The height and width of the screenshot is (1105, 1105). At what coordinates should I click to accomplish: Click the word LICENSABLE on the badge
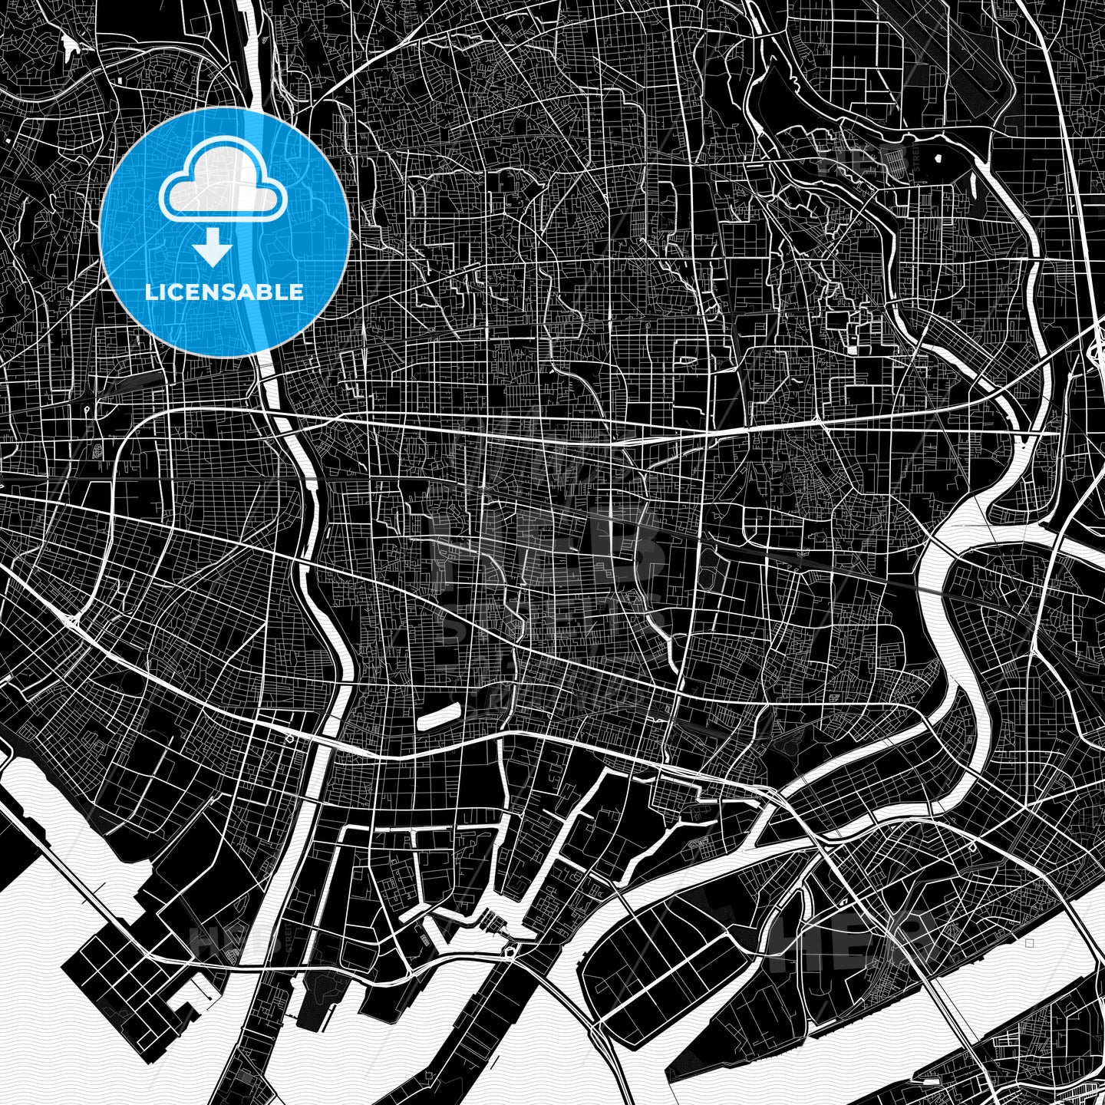(x=223, y=292)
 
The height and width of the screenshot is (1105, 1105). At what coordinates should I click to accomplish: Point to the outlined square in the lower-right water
(x=1029, y=943)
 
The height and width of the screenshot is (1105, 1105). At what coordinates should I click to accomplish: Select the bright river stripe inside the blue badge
(x=265, y=230)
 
